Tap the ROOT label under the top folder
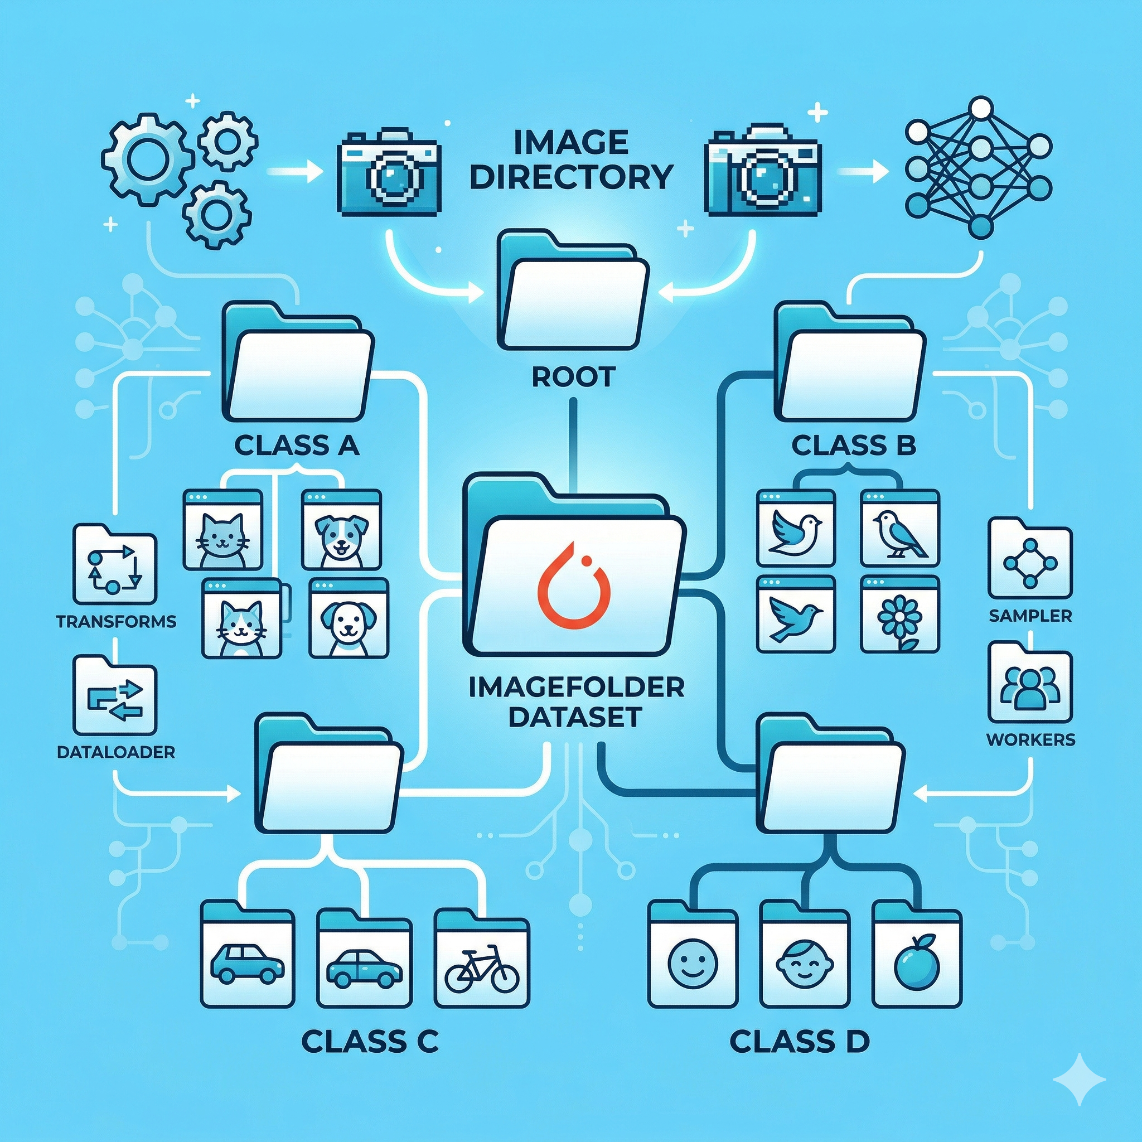(x=573, y=376)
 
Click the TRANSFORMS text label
(x=117, y=622)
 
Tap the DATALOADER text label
(x=116, y=752)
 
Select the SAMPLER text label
(x=1030, y=616)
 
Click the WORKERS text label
(x=1030, y=739)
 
